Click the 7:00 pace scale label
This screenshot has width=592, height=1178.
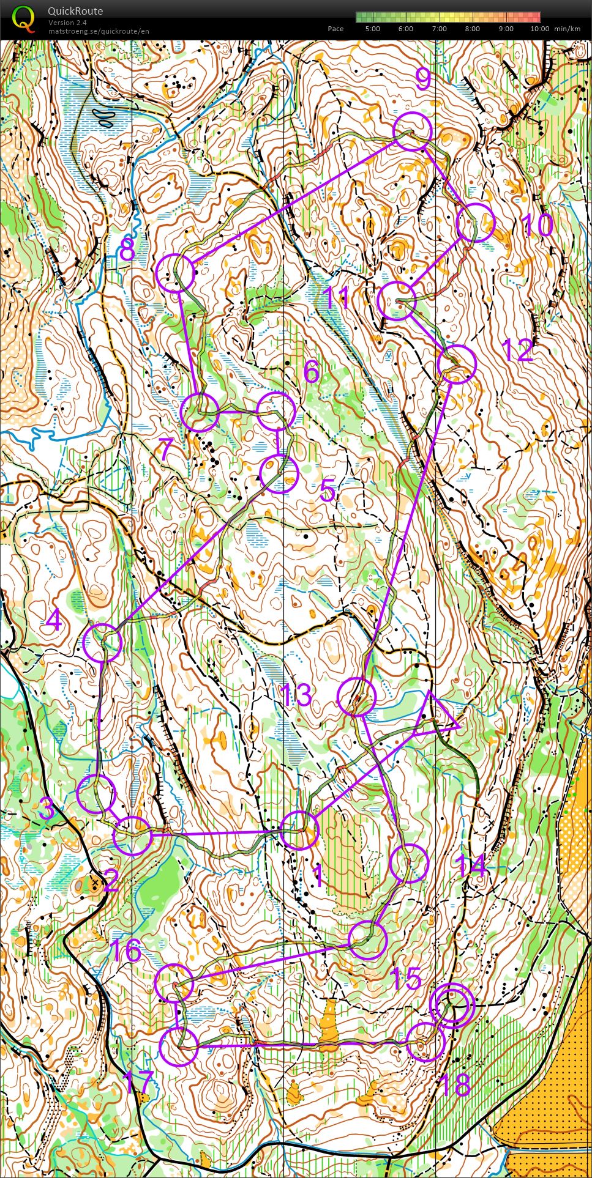point(439,29)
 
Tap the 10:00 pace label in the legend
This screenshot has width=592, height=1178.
point(539,29)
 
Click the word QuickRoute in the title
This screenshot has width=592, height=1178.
point(75,11)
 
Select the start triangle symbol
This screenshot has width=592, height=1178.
point(436,715)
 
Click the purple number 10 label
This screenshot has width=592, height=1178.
point(539,226)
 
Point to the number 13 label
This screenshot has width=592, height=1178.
point(296,695)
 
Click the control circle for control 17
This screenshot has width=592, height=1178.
point(179,1047)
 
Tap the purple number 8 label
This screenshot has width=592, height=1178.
point(127,250)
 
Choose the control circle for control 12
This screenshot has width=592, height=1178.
point(457,364)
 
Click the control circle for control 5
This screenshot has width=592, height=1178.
point(279,473)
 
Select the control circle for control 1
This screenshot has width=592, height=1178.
point(299,830)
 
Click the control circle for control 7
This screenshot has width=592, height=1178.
point(200,413)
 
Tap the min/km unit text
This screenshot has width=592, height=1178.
point(567,29)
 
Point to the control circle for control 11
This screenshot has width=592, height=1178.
point(397,301)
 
